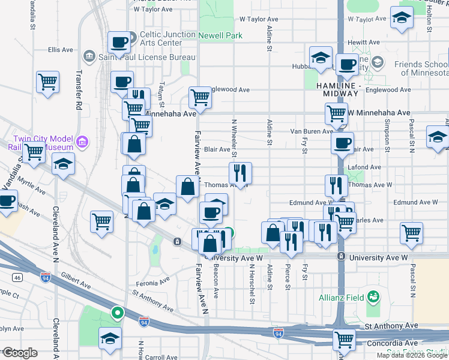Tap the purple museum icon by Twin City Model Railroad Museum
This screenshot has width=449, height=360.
pos(82,143)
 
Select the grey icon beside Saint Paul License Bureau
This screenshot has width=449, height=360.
pos(89,56)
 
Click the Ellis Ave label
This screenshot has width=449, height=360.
pos(60,50)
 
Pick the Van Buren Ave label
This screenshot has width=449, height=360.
pos(311,131)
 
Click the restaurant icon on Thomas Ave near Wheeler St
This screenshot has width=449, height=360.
pos(240,173)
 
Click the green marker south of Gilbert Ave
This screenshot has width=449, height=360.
pos(117,313)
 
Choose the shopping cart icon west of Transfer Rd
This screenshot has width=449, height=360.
pos(47,82)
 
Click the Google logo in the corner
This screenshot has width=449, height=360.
pos(20,353)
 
